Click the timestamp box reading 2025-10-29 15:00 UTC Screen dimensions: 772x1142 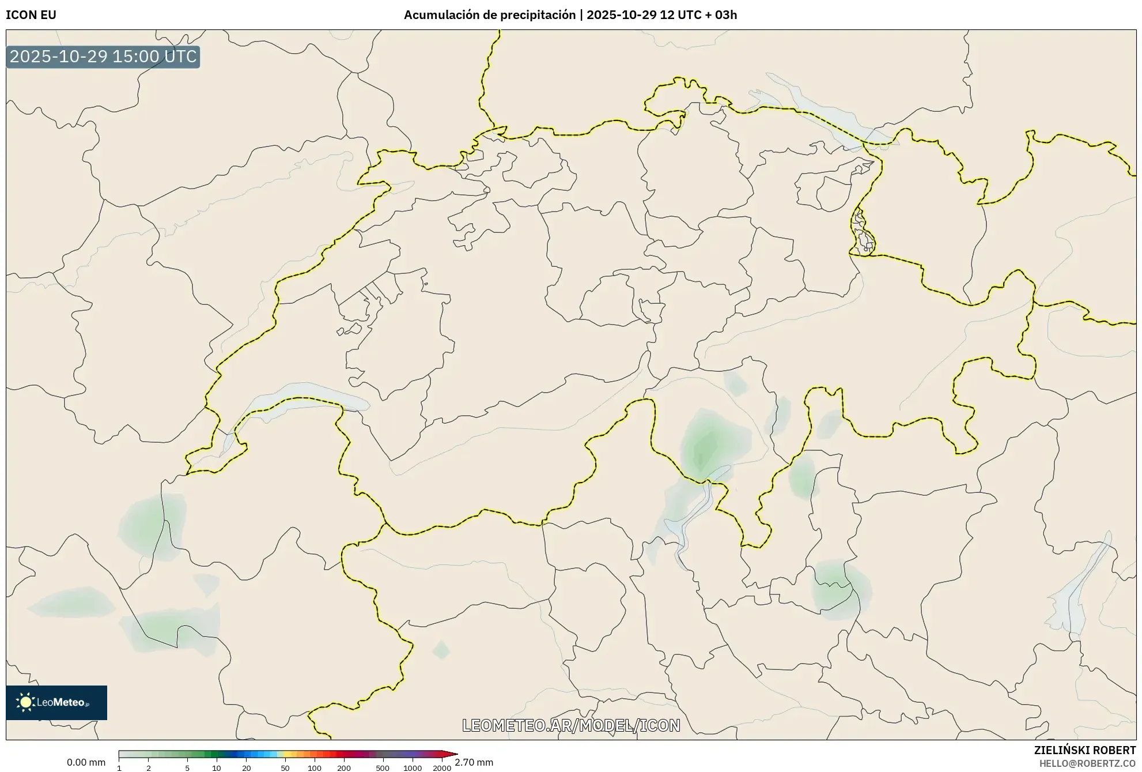click(x=103, y=57)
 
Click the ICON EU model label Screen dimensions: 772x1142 click(x=31, y=15)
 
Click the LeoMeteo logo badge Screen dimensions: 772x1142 click(x=56, y=702)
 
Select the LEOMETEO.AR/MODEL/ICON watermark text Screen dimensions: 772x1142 click(x=571, y=725)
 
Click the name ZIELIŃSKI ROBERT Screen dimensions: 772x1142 click(x=1084, y=750)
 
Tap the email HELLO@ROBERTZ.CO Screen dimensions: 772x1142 click(x=1087, y=763)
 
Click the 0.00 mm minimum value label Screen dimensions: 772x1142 click(x=86, y=762)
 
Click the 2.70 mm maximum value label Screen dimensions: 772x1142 click(x=474, y=762)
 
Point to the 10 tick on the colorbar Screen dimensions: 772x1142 click(x=217, y=768)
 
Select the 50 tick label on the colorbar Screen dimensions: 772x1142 click(x=285, y=768)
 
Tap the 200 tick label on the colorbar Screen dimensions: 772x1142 click(x=344, y=768)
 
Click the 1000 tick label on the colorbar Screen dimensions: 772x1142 click(x=413, y=768)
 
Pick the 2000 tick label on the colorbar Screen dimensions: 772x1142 click(x=442, y=768)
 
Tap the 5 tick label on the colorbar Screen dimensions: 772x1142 click(x=187, y=768)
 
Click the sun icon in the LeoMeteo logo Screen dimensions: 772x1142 click(x=25, y=702)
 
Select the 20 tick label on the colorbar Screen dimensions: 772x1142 click(x=247, y=768)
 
